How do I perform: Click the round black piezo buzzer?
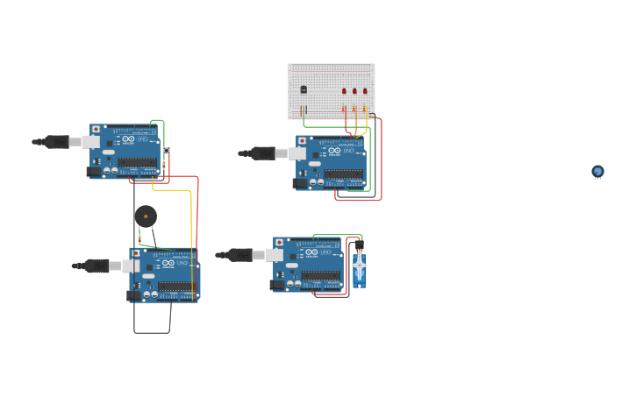point(146,216)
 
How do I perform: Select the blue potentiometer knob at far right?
point(597,171)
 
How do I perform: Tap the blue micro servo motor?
point(359,267)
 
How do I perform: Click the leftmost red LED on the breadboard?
point(344,90)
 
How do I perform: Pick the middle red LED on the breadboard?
point(354,90)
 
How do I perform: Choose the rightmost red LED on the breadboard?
point(365,90)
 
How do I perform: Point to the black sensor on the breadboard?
point(304,89)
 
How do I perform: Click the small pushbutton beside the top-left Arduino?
point(166,151)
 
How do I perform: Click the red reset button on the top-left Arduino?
point(96,129)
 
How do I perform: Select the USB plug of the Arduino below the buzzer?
point(96,266)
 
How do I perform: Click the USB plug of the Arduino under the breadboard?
point(261,153)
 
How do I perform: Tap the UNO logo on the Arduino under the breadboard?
point(349,151)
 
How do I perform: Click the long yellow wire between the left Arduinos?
point(191,237)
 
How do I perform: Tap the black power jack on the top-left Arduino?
point(94,172)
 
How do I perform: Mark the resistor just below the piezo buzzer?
point(139,238)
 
